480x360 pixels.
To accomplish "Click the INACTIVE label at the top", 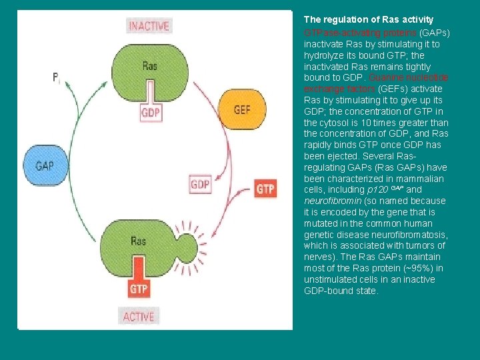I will click(x=149, y=26).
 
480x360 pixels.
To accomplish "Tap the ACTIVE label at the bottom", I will click(x=139, y=316).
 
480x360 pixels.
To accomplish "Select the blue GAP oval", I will click(x=45, y=164).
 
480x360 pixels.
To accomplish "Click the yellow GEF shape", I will click(x=241, y=109).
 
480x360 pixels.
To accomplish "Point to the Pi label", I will click(x=57, y=77).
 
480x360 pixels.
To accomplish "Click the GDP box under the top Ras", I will click(x=151, y=113).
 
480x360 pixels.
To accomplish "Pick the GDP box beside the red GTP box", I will click(x=200, y=184).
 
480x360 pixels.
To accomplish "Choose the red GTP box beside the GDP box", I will click(x=265, y=189).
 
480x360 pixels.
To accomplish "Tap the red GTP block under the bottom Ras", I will click(x=139, y=289).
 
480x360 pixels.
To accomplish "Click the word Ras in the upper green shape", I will click(x=150, y=65).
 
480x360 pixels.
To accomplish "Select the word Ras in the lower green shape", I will click(x=139, y=241).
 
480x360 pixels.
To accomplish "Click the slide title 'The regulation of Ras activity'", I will click(x=369, y=20).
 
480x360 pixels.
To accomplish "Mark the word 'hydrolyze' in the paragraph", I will click(x=325, y=55).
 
